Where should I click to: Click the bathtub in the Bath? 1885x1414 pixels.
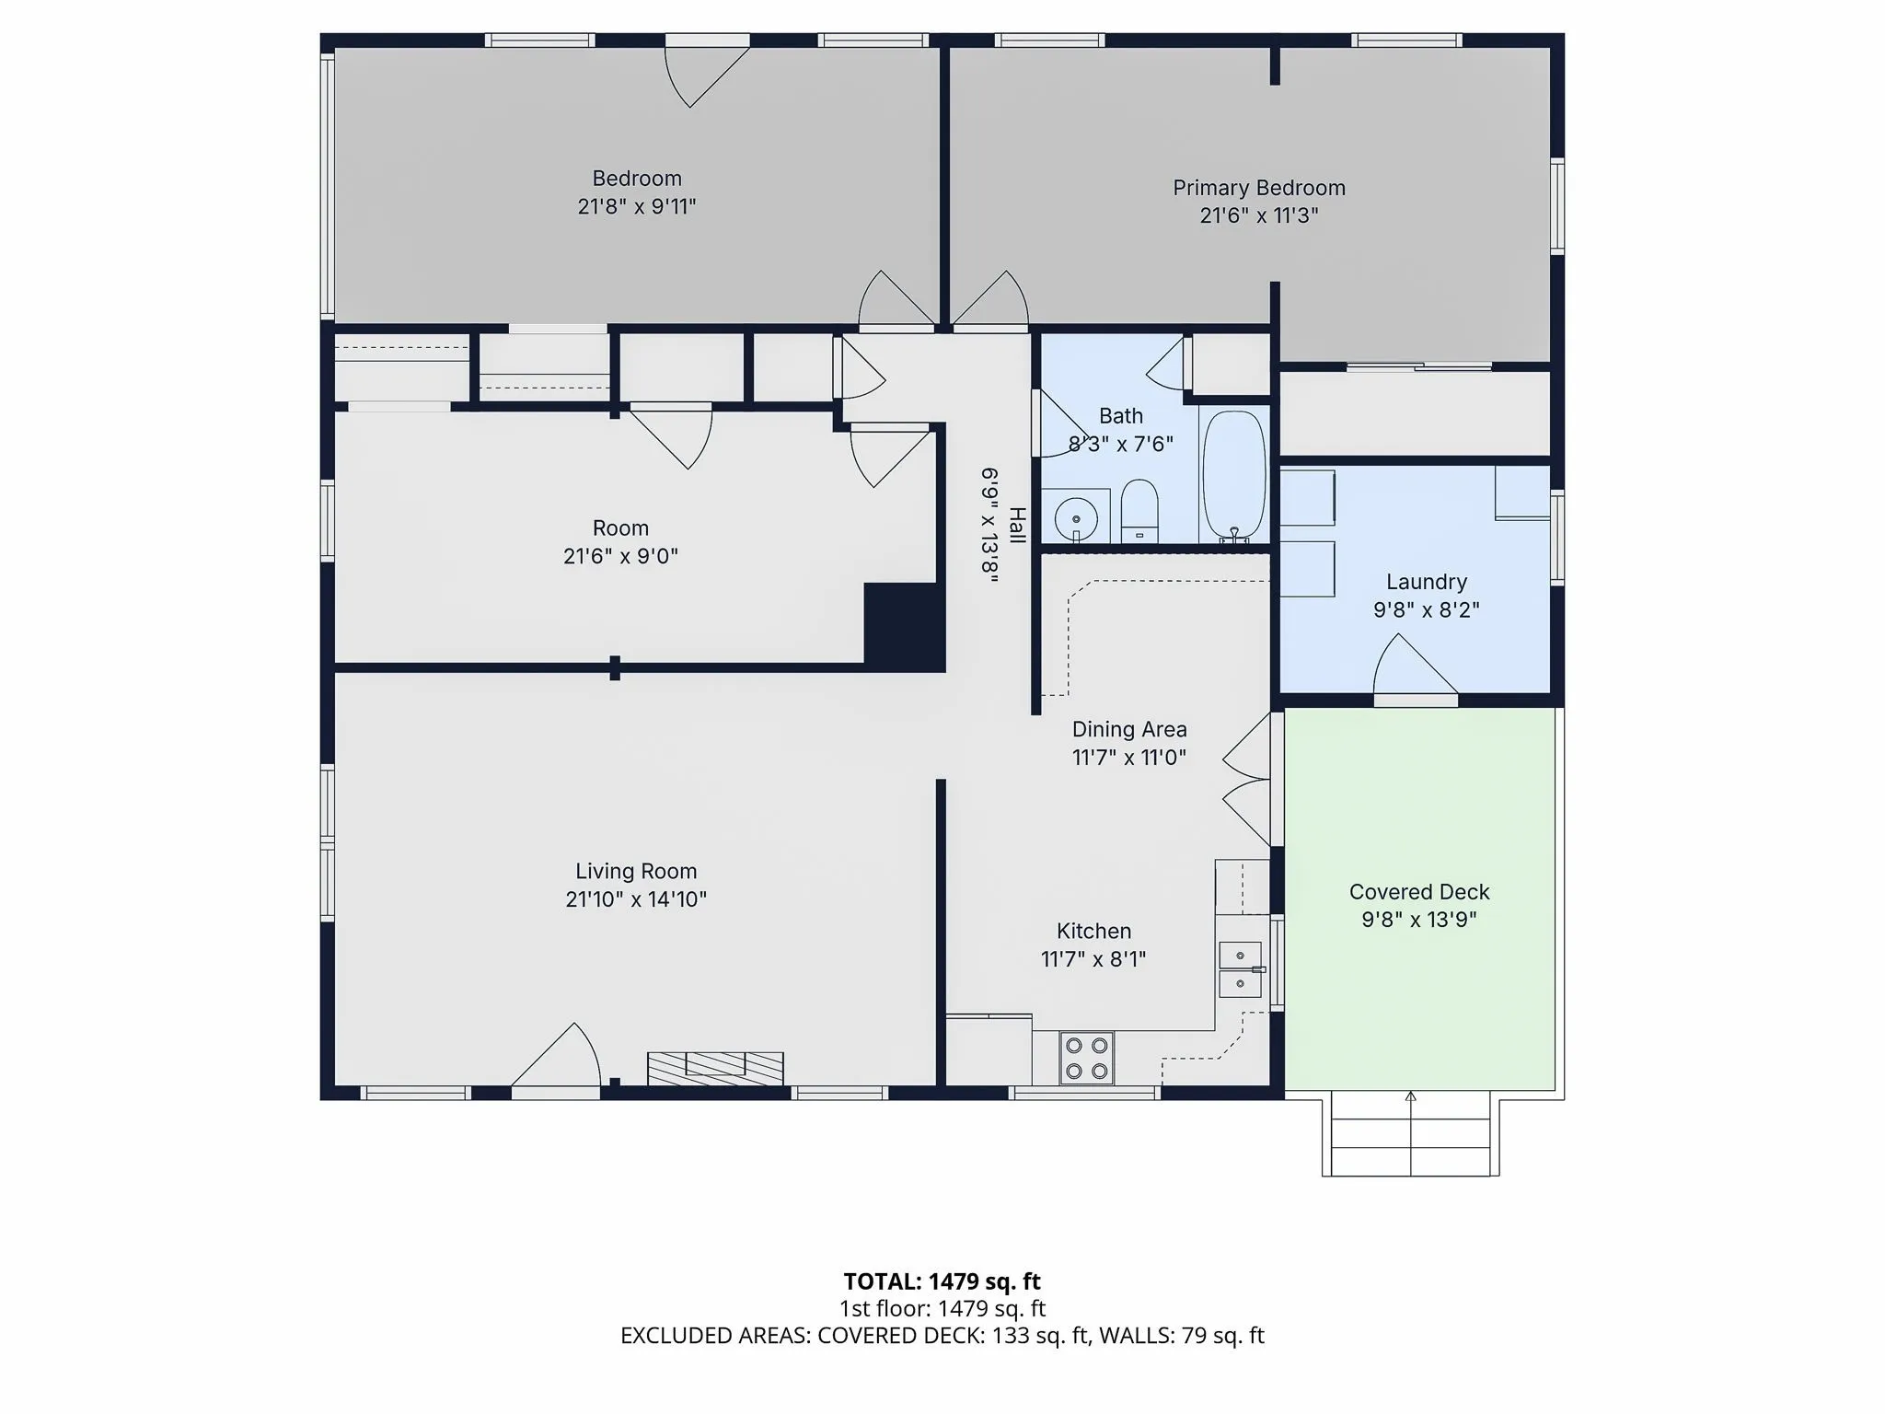(x=1234, y=475)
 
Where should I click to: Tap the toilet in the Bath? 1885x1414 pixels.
(x=1139, y=511)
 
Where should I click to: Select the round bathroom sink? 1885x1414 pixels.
(x=1076, y=520)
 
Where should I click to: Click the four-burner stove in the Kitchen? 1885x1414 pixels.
(x=1086, y=1058)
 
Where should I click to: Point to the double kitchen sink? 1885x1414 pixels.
(x=1241, y=970)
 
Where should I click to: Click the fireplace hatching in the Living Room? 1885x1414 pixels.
(x=715, y=1069)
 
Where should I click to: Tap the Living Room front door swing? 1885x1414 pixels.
(x=556, y=1055)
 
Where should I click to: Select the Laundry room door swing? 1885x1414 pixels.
(x=1416, y=664)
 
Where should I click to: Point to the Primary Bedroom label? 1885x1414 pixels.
(x=1259, y=188)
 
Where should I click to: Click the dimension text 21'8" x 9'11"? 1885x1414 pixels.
(x=637, y=206)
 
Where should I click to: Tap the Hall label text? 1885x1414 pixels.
(x=1017, y=525)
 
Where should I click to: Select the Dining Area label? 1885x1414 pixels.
(x=1129, y=729)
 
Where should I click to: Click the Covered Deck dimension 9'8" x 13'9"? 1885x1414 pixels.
(x=1419, y=919)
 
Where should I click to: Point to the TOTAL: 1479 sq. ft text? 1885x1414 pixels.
(x=942, y=1281)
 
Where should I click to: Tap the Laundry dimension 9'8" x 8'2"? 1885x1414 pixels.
(x=1427, y=609)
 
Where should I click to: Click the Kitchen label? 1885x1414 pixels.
(x=1093, y=931)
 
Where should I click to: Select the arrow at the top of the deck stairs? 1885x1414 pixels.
(x=1411, y=1096)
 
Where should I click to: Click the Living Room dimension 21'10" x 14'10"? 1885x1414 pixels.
(x=636, y=898)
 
